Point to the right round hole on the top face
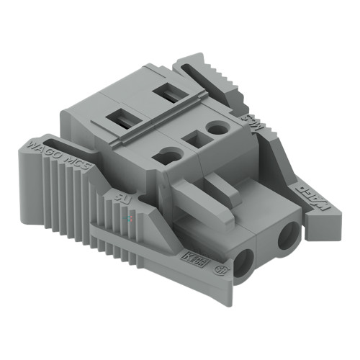pos(215,128)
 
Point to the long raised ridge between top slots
pos(155,116)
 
